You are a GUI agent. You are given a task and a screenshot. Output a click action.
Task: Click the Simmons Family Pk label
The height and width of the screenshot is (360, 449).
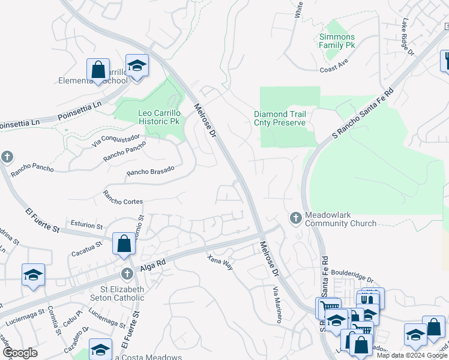[337, 41]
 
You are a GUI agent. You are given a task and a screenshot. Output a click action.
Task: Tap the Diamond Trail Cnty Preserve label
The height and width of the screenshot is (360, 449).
[280, 118]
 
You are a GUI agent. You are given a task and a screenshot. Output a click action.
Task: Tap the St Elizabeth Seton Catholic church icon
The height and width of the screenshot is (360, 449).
[126, 274]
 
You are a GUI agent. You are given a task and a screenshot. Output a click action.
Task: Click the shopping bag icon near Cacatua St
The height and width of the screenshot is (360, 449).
[124, 244]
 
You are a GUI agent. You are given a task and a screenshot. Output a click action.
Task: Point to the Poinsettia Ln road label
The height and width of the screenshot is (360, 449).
[79, 110]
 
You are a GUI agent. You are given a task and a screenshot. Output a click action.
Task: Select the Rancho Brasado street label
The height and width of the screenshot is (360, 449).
[150, 171]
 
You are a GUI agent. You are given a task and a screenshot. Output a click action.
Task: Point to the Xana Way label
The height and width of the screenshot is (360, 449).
[220, 262]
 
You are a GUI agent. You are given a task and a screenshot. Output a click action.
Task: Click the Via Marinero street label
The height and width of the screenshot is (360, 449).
[277, 304]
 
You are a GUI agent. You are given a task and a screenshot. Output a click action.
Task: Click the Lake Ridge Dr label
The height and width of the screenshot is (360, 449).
[408, 37]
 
